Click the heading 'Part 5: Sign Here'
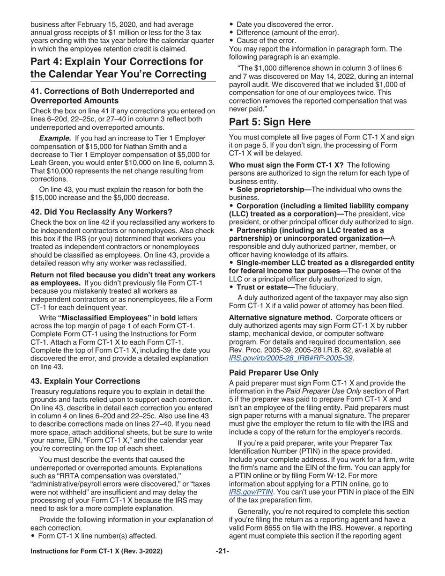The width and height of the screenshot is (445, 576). click(x=269, y=122)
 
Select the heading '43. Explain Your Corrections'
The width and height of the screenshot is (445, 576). click(x=85, y=381)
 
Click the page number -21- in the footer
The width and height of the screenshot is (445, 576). click(x=222, y=564)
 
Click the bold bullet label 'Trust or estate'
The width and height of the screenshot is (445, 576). click(x=264, y=287)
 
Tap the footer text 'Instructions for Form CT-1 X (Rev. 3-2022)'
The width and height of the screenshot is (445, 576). click(x=96, y=564)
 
